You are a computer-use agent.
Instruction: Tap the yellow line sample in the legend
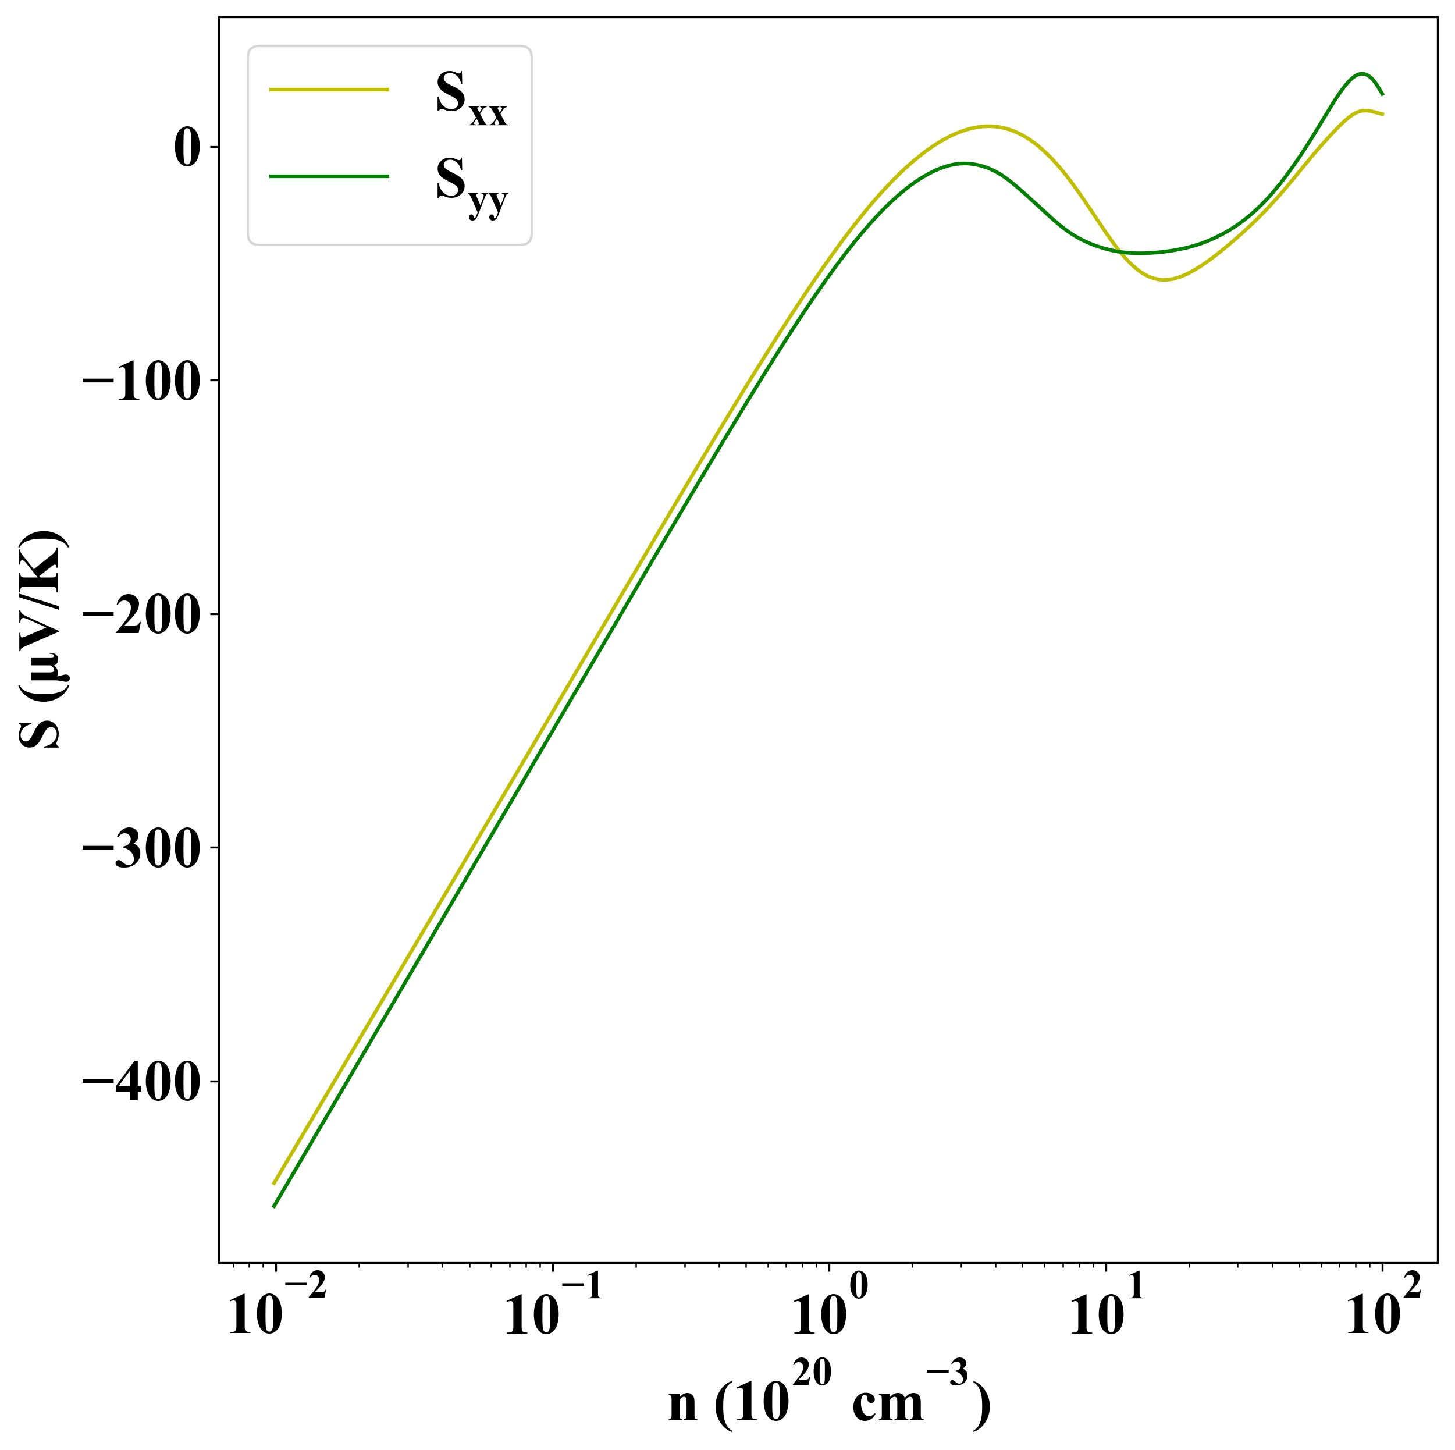click(329, 90)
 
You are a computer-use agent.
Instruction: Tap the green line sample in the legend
click(329, 176)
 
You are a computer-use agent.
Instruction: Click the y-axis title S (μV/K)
click(43, 640)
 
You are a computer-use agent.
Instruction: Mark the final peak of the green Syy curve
click(1361, 73)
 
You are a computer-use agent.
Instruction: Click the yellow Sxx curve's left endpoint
click(273, 1184)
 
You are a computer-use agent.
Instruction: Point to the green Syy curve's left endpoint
click(273, 1207)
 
